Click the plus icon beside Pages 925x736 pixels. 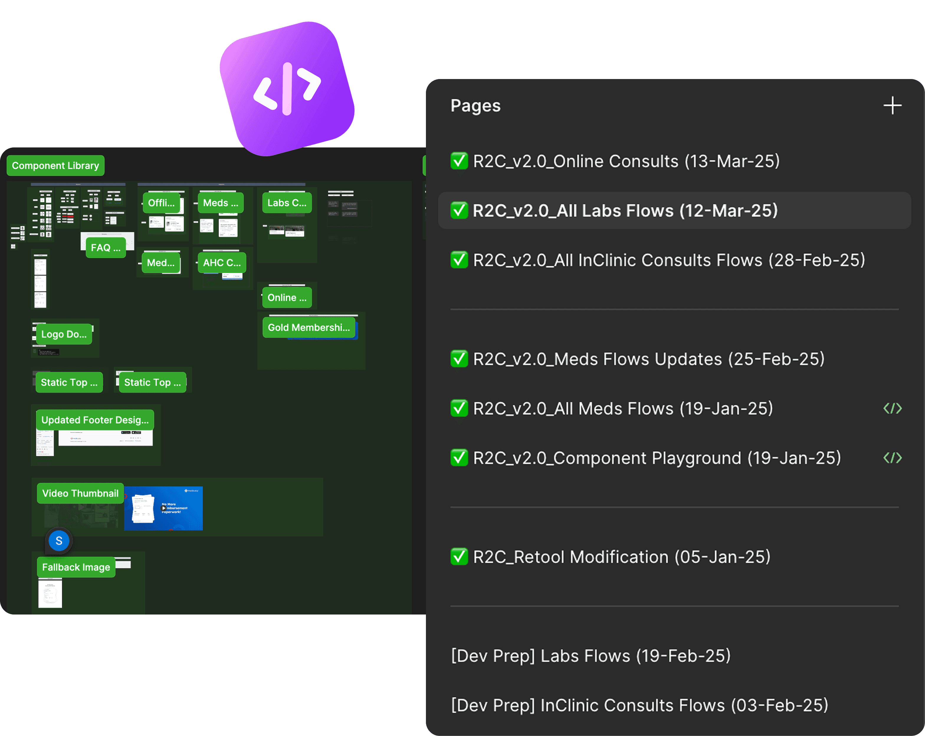tap(892, 106)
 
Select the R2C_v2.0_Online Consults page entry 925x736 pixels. tap(626, 161)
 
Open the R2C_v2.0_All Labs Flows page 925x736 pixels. tap(625, 211)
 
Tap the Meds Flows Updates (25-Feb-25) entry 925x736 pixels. tap(648, 359)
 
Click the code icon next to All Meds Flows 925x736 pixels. tap(892, 408)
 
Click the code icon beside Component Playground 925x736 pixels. tap(892, 458)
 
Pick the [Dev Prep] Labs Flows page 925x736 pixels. tap(591, 655)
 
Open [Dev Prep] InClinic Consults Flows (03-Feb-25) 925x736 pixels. tap(639, 705)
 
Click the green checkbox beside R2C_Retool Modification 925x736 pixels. tap(459, 557)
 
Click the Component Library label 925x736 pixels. tap(55, 165)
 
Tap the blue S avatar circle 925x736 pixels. tap(59, 541)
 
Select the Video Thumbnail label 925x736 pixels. tap(80, 493)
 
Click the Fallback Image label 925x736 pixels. tap(76, 567)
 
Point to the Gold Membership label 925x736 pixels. tap(309, 328)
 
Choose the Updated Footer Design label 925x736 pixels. tap(95, 420)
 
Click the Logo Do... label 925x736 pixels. tap(64, 334)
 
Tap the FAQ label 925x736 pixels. tap(106, 247)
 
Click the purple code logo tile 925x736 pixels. tap(287, 89)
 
